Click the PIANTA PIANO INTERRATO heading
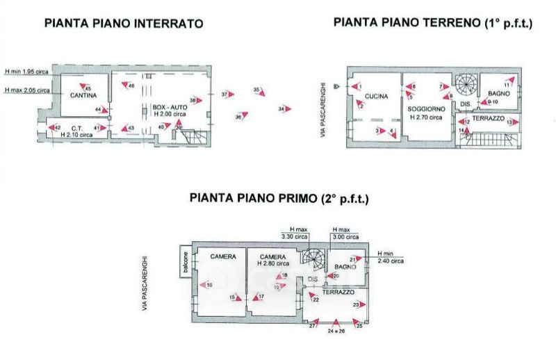point(124,23)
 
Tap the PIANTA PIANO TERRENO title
point(432,22)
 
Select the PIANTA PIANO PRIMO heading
point(279,199)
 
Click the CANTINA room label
point(82,95)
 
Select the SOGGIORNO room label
point(425,111)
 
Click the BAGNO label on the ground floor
point(499,93)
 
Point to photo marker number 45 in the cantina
point(87,88)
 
